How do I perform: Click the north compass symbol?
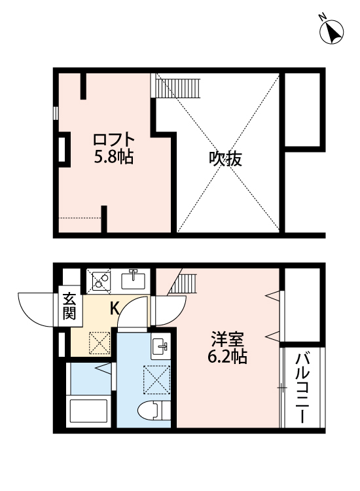click(x=332, y=31)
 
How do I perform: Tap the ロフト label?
click(x=114, y=140)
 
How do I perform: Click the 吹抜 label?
click(x=226, y=158)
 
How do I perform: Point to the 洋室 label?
click(x=228, y=340)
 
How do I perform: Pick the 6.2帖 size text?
click(x=228, y=357)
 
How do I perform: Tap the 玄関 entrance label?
click(x=69, y=306)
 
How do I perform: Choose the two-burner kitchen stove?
click(x=100, y=281)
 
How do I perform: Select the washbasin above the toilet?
click(x=160, y=346)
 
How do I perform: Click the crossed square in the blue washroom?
click(x=156, y=378)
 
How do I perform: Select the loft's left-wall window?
click(x=57, y=112)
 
